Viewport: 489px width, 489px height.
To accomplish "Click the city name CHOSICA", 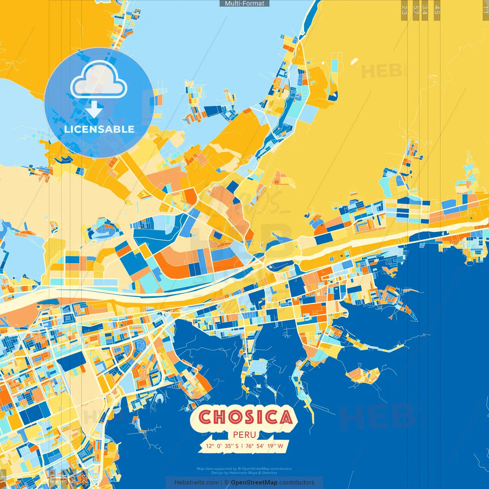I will point(245,417).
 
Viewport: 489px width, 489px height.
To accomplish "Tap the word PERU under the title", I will point(244,435).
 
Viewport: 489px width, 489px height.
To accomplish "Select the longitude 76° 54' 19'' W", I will point(264,446).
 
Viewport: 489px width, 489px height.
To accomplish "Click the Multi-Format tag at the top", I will point(244,3).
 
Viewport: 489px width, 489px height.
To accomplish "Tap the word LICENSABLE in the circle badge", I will point(99,129).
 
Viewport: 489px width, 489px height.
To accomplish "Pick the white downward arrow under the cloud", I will point(94,110).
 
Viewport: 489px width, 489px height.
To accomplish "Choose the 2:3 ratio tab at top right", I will point(404,10).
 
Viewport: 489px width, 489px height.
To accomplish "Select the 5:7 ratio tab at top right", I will point(416,10).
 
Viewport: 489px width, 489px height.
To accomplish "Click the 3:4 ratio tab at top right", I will point(425,10).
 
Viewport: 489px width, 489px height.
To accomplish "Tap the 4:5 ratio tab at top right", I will point(437,10).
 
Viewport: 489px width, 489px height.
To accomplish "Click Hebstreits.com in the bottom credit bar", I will point(196,483).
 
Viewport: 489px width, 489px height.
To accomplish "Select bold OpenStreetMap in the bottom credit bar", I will point(254,483).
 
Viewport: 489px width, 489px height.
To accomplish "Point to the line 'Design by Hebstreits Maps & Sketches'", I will point(244,473).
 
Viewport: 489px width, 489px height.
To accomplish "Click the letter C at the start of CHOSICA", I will point(206,417).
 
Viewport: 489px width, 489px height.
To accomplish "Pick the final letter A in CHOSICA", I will point(285,417).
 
